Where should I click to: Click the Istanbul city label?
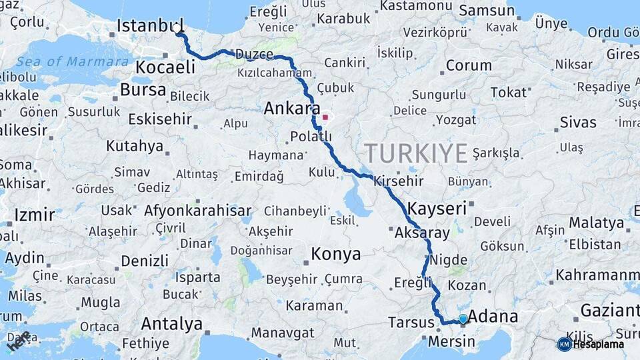pos(149,26)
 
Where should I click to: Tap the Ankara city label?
pos(292,108)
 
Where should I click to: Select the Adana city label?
pos(493,316)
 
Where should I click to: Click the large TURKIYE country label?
pos(416,153)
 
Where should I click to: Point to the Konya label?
pos(336,254)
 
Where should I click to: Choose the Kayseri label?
pos(437,208)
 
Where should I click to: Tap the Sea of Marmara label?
pos(73,61)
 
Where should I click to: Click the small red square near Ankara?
pos(325,117)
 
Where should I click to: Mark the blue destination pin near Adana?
pos(463,319)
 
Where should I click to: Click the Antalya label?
pos(171,325)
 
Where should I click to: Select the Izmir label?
pos(34,215)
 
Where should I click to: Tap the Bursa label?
pos(143,89)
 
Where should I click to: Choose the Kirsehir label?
pos(399,181)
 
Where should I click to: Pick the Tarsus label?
pos(411,323)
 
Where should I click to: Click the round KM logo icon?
pos(564,344)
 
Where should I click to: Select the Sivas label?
pos(578,122)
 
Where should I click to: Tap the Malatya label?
pos(596,222)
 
